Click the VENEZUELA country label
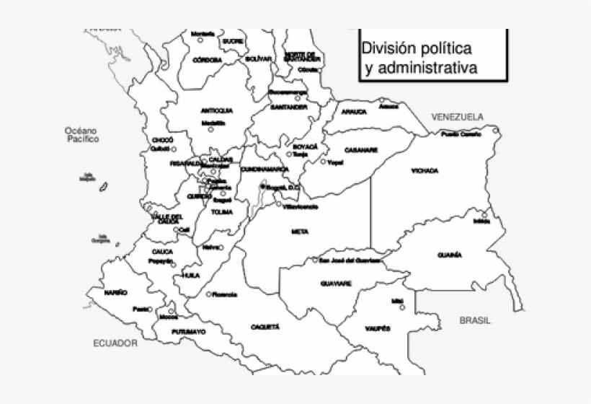tap(458, 116)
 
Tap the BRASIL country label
tap(475, 319)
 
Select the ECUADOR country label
tap(115, 343)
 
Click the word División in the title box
tap(389, 48)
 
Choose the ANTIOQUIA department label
tap(216, 110)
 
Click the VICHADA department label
tap(425, 171)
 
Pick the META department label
tap(300, 232)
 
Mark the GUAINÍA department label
tap(449, 255)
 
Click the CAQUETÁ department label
tap(265, 327)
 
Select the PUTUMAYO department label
tap(189, 332)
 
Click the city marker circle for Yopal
tap(324, 162)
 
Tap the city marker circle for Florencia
tap(208, 294)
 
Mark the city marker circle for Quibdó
tap(174, 149)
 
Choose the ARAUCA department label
tap(355, 112)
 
